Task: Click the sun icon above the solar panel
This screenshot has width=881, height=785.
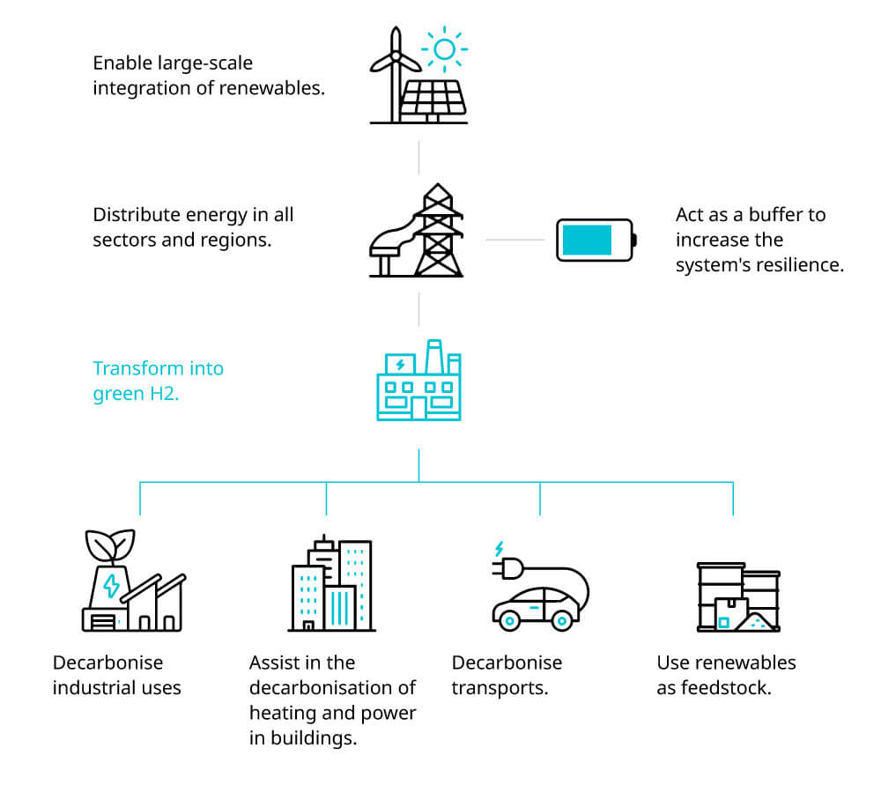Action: point(443,49)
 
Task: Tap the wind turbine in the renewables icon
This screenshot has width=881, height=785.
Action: point(394,66)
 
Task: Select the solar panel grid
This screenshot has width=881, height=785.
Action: point(433,98)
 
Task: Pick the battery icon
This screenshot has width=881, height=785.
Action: point(596,240)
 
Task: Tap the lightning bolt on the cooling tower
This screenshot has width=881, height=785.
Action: point(111,586)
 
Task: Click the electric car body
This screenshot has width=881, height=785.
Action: point(535,608)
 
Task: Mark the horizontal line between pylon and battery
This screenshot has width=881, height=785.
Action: point(515,240)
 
